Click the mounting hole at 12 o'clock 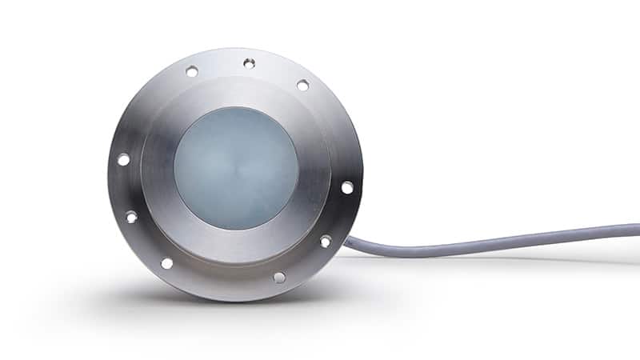pos(249,63)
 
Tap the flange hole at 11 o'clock pos(192,71)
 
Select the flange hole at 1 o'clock pos(302,85)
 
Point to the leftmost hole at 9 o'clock pos(123,159)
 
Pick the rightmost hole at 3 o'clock pos(346,187)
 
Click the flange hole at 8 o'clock pos(131,217)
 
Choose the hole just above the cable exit pos(326,241)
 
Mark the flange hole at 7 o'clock pos(166,262)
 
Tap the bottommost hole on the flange pos(279,277)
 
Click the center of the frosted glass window pos(236,168)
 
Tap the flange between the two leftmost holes pos(124,188)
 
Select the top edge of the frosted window pos(236,107)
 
